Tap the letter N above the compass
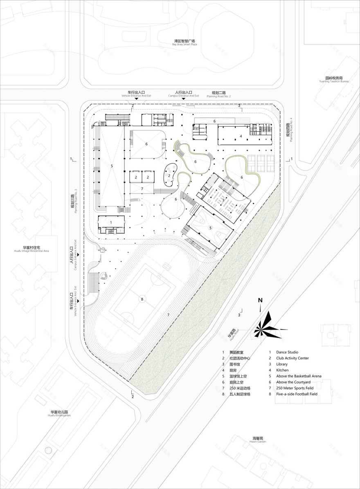tap(260, 301)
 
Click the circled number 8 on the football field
tap(142, 299)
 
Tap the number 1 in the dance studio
tap(111, 222)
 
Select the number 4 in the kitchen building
tap(241, 136)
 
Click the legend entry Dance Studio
tap(287, 352)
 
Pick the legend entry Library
tap(282, 364)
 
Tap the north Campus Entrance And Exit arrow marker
tap(183, 99)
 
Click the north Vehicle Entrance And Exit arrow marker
tap(137, 99)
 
